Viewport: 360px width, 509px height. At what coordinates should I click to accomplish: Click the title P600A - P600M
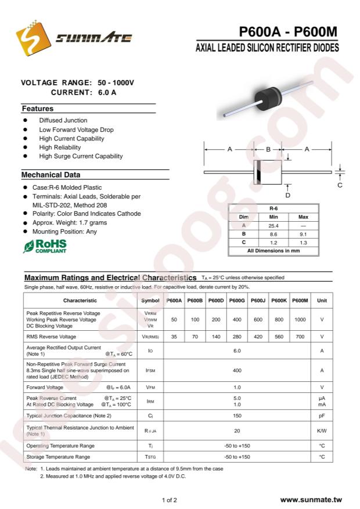[288, 33]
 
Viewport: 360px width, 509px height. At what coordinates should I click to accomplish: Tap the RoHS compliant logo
[45, 246]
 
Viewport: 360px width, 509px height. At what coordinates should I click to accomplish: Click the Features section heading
[38, 109]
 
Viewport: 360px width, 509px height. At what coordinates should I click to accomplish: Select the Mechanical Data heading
[51, 175]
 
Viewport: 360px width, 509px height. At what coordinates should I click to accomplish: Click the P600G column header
[236, 301]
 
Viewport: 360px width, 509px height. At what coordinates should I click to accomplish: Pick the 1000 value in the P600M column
[300, 319]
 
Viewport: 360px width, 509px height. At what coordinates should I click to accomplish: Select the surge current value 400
[237, 370]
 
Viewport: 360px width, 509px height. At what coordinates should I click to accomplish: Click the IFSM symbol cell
[150, 370]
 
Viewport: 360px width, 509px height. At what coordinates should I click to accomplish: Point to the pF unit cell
[322, 416]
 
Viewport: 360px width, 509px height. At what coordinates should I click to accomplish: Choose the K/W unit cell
[322, 431]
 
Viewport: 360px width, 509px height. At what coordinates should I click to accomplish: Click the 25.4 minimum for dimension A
[273, 225]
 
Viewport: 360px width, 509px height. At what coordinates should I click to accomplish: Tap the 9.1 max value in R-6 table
[303, 233]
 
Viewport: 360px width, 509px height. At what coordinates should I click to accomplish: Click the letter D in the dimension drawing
[288, 196]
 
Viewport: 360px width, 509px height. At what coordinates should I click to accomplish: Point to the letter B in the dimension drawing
[268, 149]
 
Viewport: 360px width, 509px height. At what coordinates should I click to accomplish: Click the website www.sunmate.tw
[311, 500]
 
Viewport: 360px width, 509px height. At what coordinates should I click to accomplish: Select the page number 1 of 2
[170, 500]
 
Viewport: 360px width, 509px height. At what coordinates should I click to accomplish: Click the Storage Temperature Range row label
[58, 457]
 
